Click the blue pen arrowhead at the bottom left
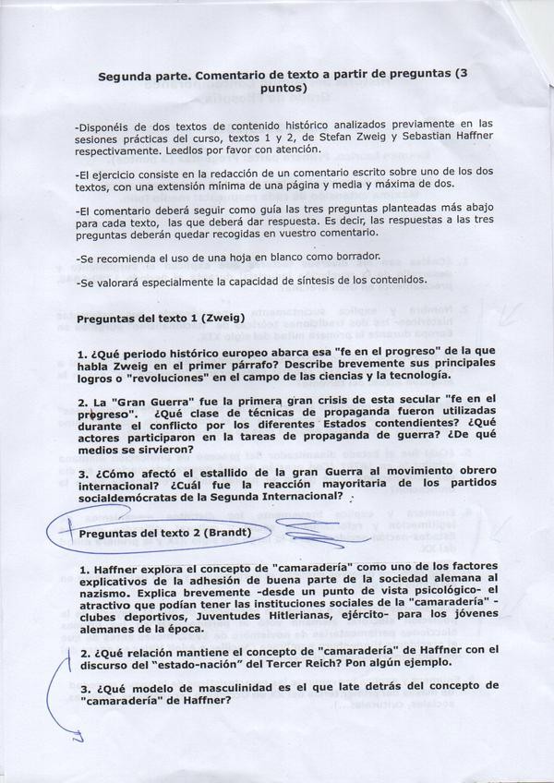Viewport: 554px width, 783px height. click(x=78, y=738)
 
